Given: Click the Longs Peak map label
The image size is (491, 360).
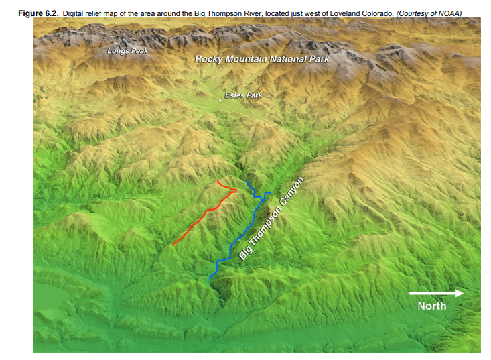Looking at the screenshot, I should pyautogui.click(x=127, y=51).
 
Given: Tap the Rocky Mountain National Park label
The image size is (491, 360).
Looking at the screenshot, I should pyautogui.click(x=262, y=59).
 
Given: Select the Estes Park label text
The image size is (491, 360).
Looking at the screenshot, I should pyautogui.click(x=243, y=95).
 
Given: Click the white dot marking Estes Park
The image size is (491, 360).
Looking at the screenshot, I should pyautogui.click(x=220, y=100).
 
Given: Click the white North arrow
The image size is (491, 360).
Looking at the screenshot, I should pyautogui.click(x=435, y=293).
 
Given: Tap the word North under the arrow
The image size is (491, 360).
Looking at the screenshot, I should pyautogui.click(x=431, y=306).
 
